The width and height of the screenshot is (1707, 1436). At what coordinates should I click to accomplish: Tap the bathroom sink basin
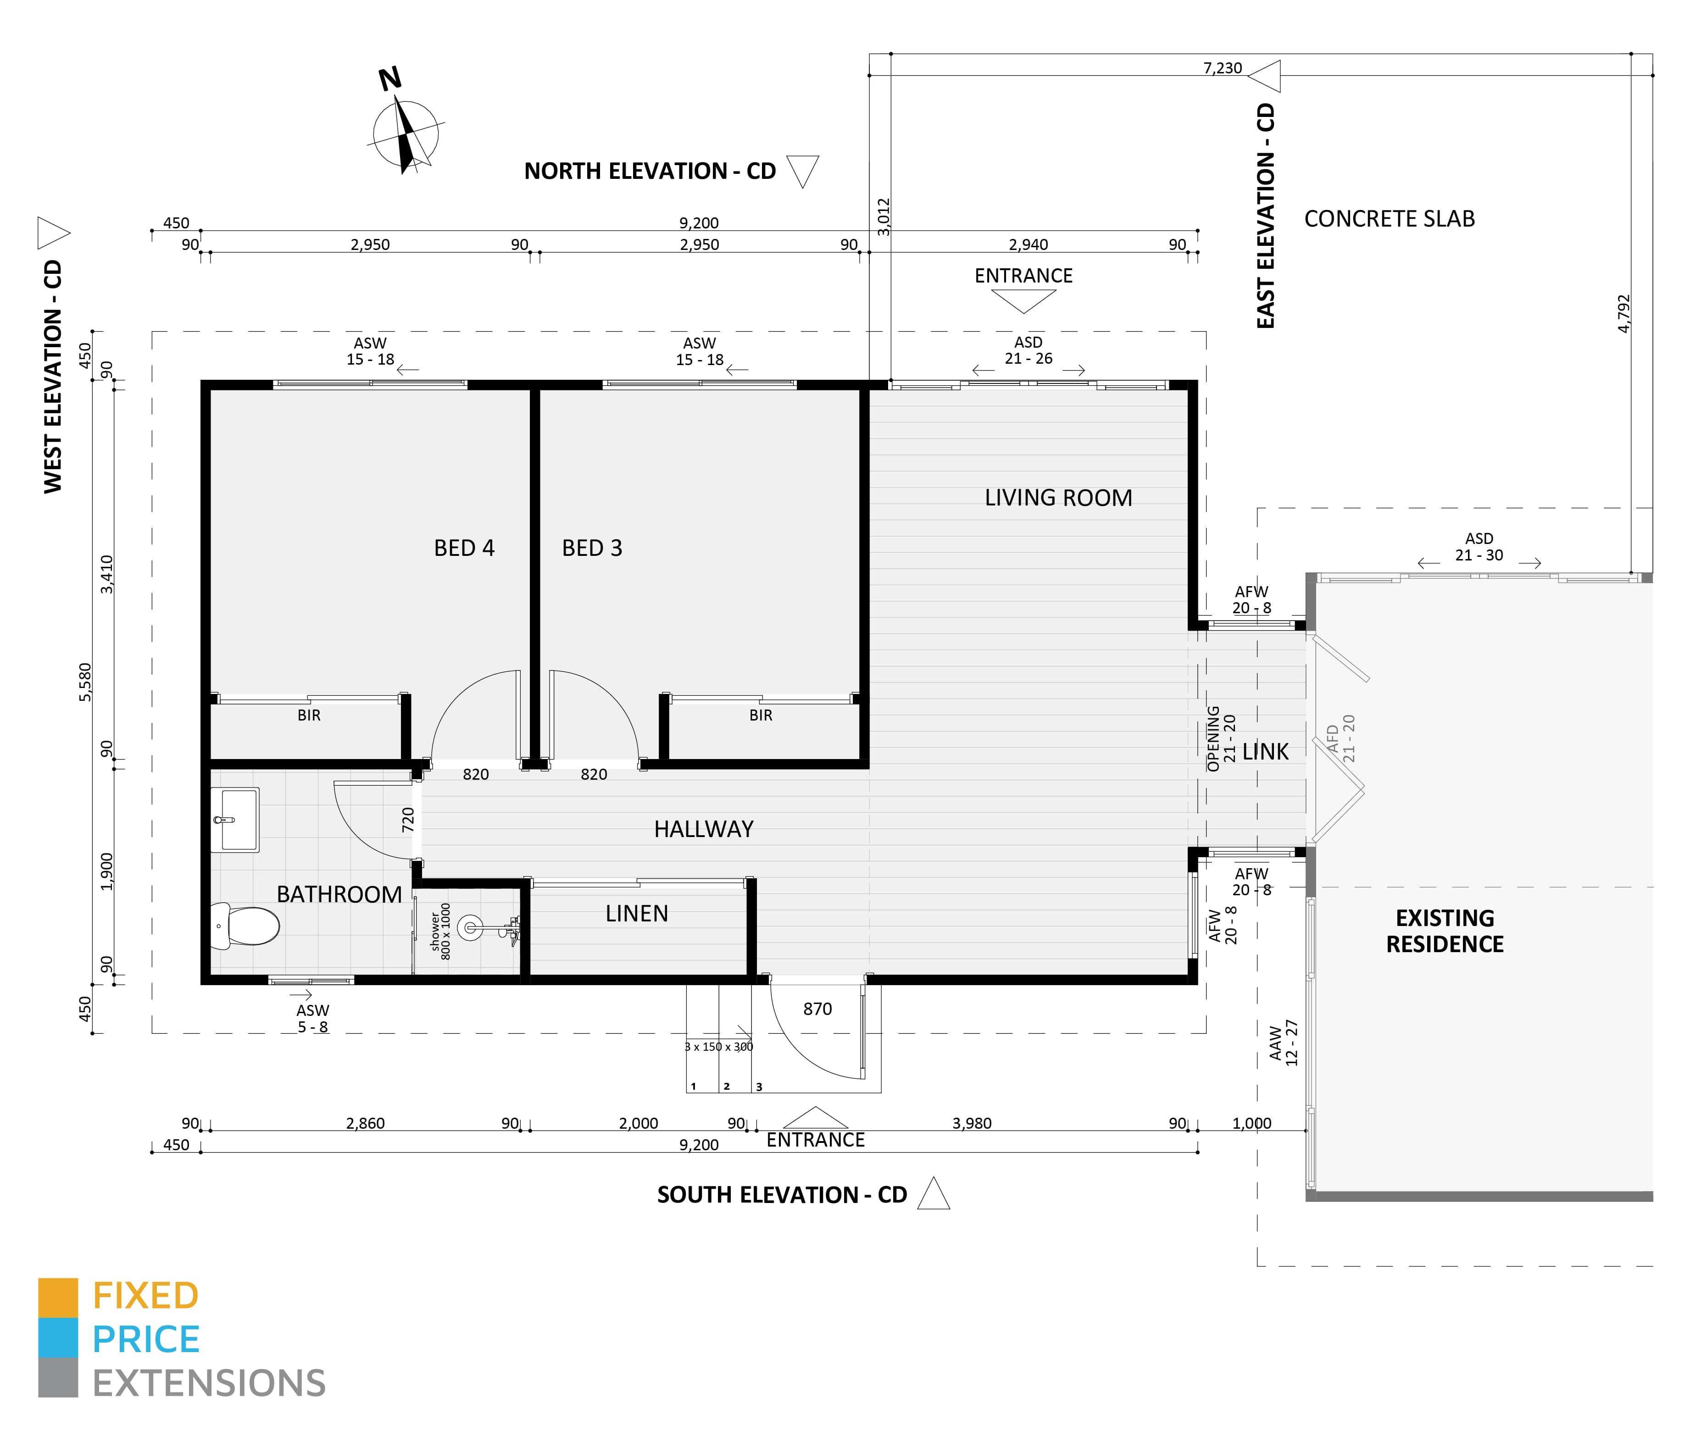pos(235,819)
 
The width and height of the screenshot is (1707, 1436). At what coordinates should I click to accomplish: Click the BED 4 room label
pos(464,548)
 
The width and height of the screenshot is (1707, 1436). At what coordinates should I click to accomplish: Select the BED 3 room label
pos(592,548)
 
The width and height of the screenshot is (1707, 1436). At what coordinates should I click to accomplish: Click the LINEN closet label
pos(637,913)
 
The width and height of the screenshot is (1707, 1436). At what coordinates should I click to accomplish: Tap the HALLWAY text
pos(704,829)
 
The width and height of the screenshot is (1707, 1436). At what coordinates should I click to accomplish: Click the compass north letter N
pos(390,79)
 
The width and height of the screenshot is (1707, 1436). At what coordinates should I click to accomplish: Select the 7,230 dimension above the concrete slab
pos(1223,67)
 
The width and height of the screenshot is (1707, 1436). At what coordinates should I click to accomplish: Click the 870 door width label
pos(817,1009)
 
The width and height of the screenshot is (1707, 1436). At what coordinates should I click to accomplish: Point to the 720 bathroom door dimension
pos(408,819)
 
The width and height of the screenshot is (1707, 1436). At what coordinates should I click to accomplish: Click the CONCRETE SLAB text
pos(1390,219)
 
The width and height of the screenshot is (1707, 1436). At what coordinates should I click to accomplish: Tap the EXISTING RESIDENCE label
pos(1445,931)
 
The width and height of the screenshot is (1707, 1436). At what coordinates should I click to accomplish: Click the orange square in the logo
pos(58,1297)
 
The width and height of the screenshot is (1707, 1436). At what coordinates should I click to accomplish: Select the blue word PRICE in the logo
pos(146,1339)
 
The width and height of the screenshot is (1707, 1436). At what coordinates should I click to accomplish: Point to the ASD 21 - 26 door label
pos(1029,350)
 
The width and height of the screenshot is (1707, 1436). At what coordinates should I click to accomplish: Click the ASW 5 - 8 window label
pos(313,1018)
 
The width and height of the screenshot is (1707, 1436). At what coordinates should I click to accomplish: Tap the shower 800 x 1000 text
pos(440,931)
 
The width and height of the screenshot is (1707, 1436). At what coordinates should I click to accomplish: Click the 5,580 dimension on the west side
pos(85,682)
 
